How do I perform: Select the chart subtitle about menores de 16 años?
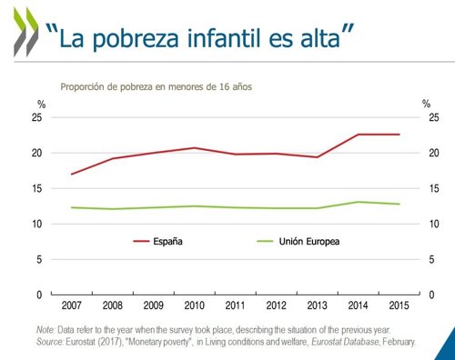(x=155, y=87)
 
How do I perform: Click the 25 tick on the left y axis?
(x=37, y=117)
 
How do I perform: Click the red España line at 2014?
(x=358, y=135)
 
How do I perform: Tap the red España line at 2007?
(x=72, y=174)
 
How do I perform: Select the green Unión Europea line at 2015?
(x=398, y=204)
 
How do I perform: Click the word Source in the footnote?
(x=51, y=342)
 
